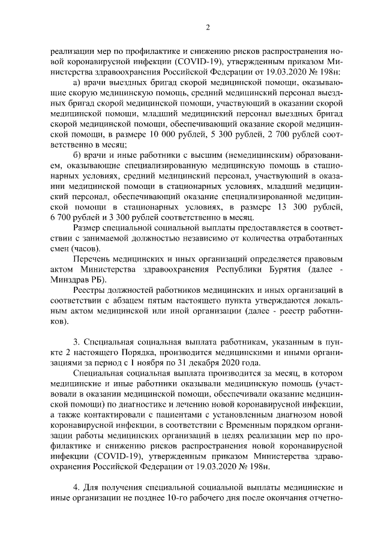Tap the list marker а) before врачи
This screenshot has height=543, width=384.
[76, 82]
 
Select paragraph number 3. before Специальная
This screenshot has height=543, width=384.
[76, 341]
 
